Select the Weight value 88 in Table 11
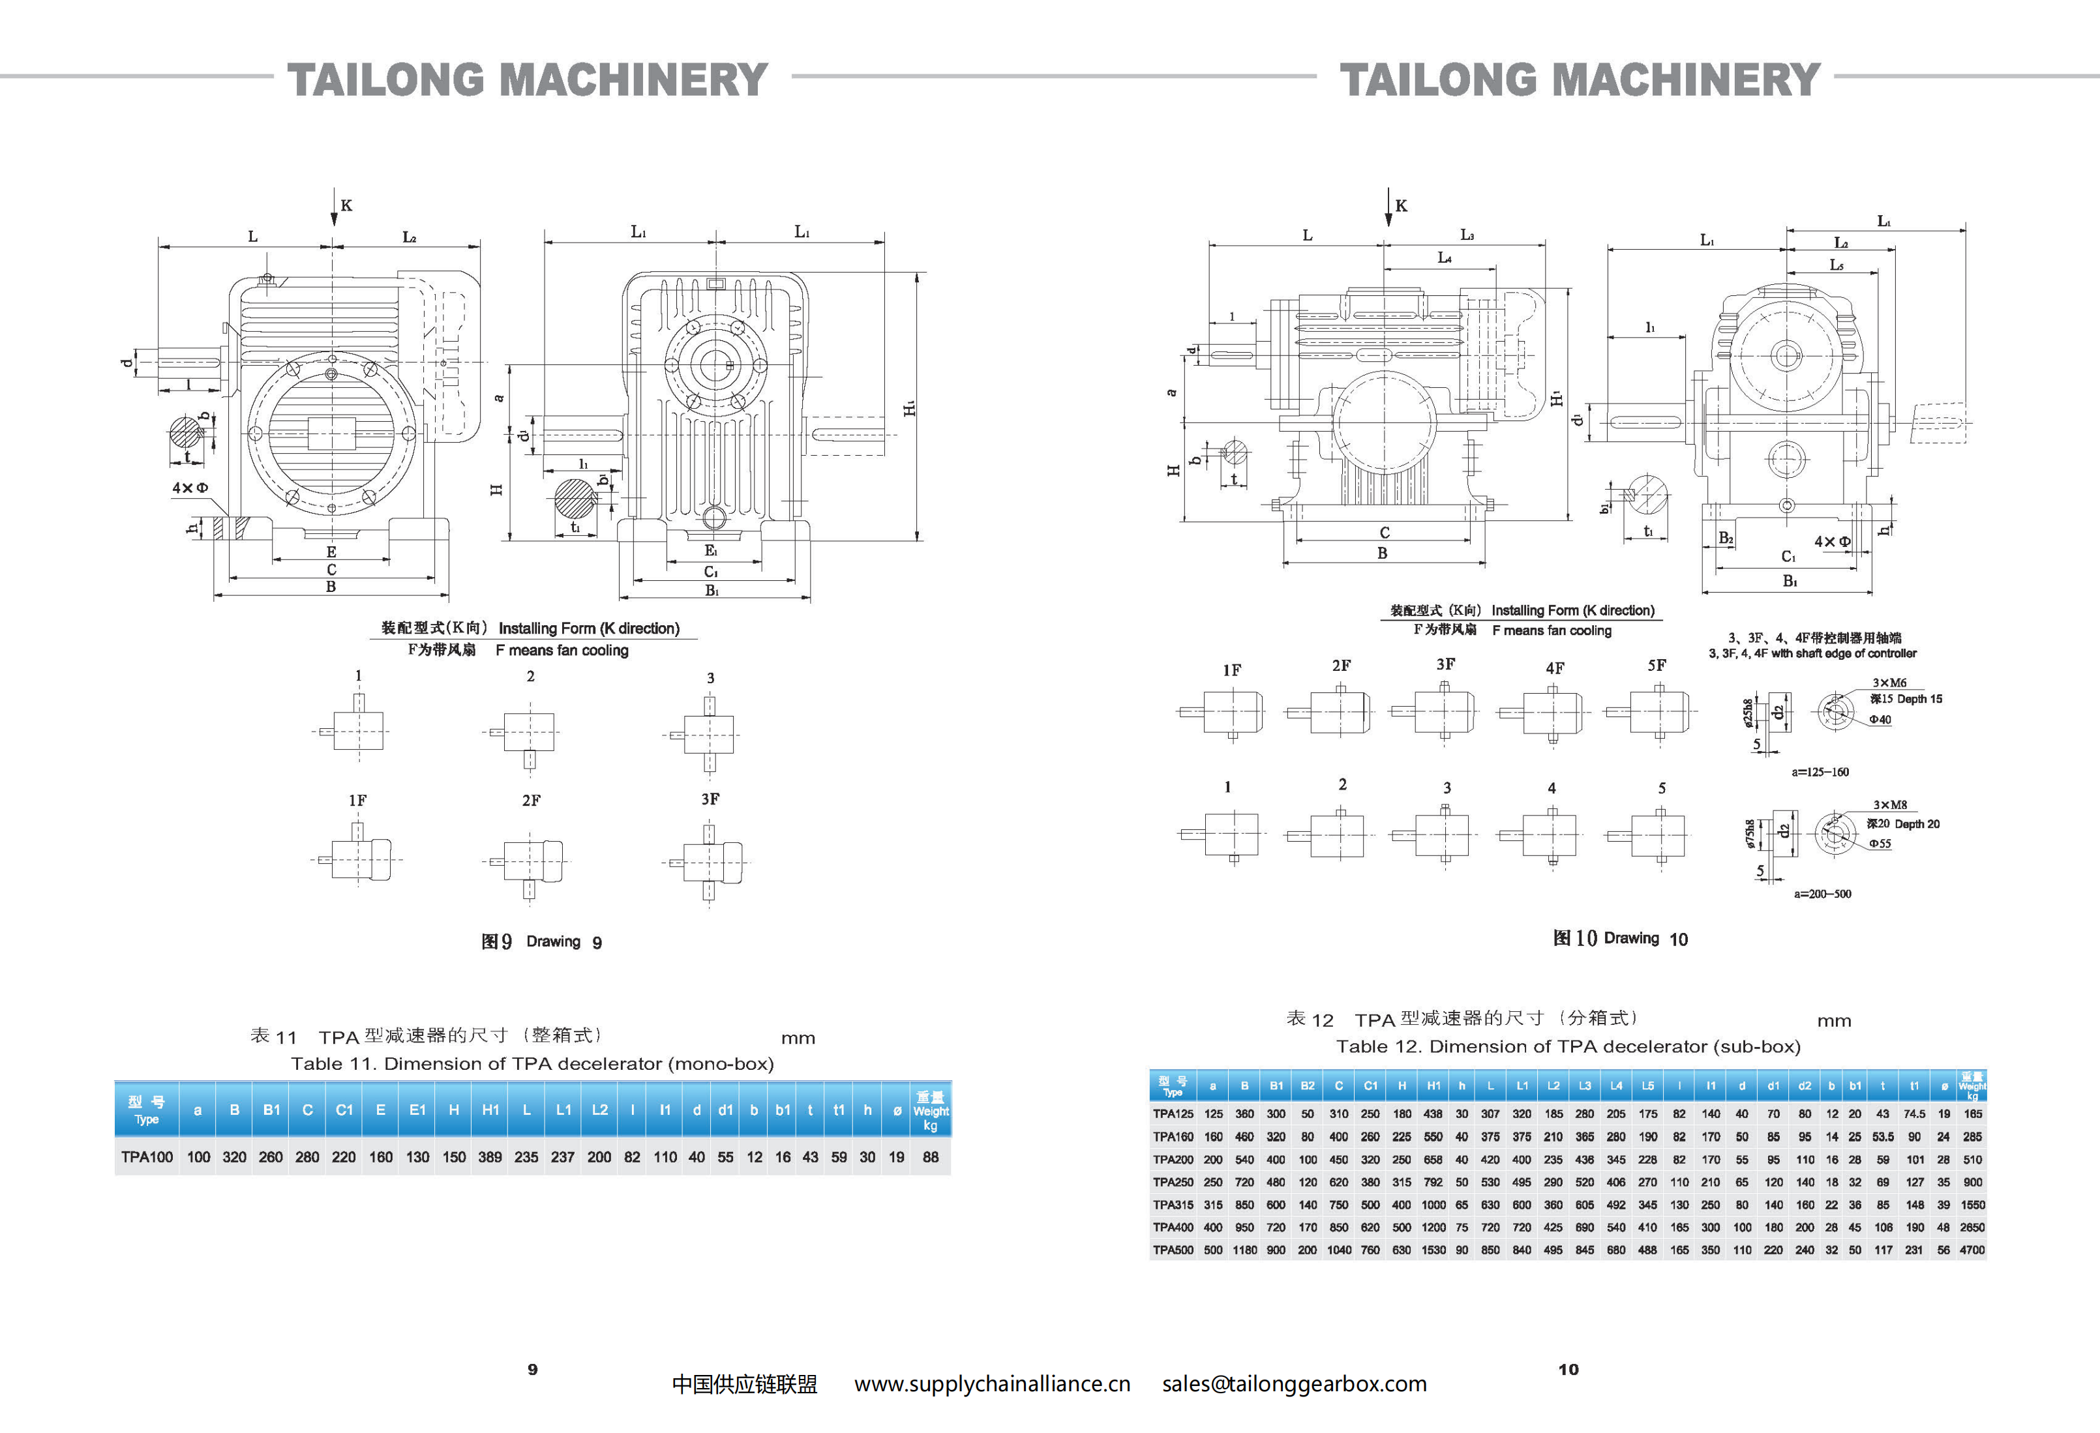tap(930, 1157)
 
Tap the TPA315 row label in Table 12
tap(1173, 1204)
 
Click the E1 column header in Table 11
tap(417, 1110)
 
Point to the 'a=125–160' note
tap(1820, 773)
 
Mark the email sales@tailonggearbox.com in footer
tap(1294, 1384)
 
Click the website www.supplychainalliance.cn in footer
tap(992, 1384)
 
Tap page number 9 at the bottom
tap(532, 1370)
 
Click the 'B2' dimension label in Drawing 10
tap(1726, 539)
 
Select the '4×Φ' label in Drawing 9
tap(190, 488)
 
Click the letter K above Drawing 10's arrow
tap(1401, 206)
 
